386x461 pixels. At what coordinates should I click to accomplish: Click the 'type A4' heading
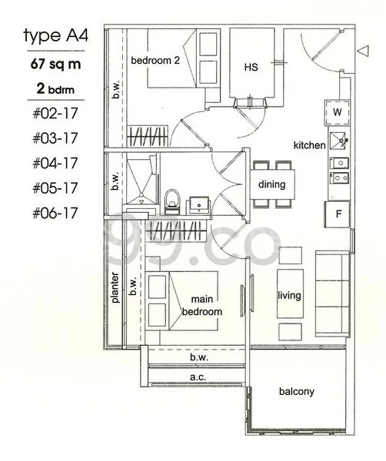click(55, 36)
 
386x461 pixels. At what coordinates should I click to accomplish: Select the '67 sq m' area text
click(55, 64)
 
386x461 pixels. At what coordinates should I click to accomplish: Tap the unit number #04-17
click(55, 163)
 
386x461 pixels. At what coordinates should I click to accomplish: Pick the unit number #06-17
click(55, 213)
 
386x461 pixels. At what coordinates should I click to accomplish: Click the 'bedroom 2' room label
click(155, 61)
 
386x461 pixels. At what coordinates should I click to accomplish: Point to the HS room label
click(251, 68)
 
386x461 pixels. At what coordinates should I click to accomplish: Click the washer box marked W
click(338, 112)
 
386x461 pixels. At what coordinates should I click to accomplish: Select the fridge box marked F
click(338, 214)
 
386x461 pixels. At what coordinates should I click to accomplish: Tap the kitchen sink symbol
click(338, 141)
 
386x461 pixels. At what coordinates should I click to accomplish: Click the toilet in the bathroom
click(172, 201)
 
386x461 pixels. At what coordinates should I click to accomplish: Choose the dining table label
click(272, 184)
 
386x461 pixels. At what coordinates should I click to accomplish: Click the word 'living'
click(289, 295)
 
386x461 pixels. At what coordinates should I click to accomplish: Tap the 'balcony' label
click(297, 391)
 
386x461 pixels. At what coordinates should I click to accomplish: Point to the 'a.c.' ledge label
click(198, 376)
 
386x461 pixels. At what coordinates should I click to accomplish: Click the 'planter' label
click(115, 287)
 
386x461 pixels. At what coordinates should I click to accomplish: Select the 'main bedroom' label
click(202, 306)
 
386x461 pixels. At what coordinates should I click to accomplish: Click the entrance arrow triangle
click(363, 51)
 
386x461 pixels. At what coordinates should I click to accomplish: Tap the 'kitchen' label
click(310, 145)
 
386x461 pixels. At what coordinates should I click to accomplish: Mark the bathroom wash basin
click(199, 204)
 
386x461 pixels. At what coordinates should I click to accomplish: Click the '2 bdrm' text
click(55, 89)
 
